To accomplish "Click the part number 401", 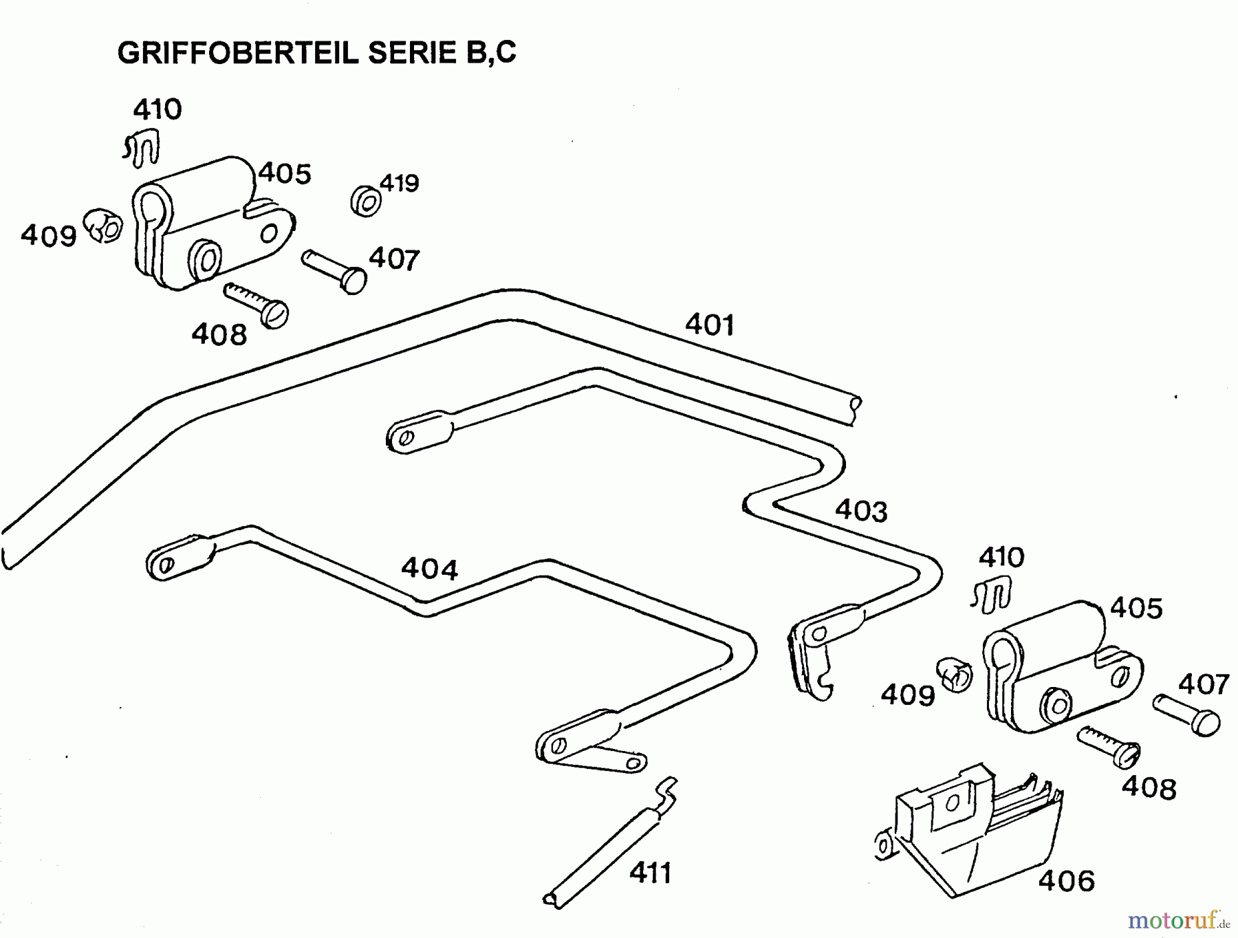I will click(x=710, y=325).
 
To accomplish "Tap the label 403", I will click(x=861, y=511).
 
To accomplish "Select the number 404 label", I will click(x=429, y=569).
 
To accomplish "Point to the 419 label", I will click(x=399, y=184).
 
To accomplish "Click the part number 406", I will click(x=1066, y=880).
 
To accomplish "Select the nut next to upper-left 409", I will click(x=103, y=226).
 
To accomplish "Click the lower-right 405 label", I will click(x=1136, y=608).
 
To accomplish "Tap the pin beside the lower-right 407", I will click(x=1186, y=715).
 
